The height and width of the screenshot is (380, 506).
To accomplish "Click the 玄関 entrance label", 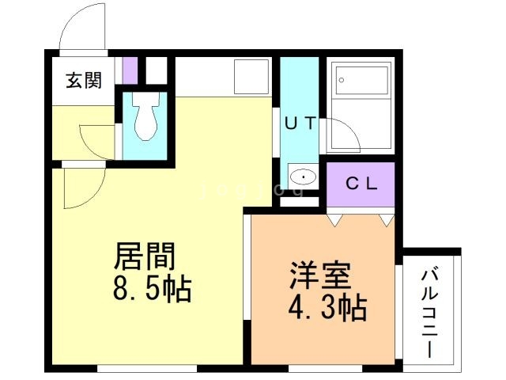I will (83, 80).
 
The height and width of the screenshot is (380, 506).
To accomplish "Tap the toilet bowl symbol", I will (145, 120).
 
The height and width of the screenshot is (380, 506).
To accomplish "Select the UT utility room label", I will (300, 123).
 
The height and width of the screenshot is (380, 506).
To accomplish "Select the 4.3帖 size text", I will (326, 307).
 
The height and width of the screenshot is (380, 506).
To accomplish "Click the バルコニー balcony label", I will (430, 313).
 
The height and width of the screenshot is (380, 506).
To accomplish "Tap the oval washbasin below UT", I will (301, 176).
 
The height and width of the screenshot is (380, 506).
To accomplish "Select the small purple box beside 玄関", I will (130, 71).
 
